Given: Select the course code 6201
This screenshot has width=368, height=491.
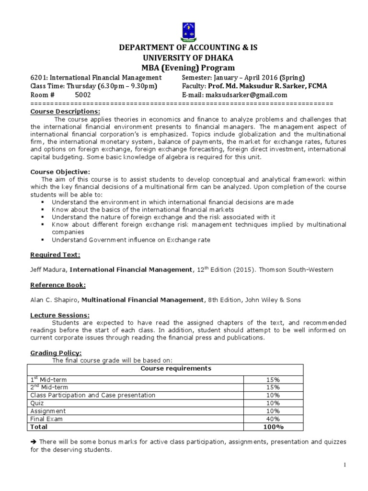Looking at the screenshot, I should coord(38,78).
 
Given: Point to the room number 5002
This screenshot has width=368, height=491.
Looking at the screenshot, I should coord(82,95).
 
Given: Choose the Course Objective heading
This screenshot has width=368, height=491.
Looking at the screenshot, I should coord(53,172).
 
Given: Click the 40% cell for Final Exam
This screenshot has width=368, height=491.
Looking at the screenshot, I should coord(273,419).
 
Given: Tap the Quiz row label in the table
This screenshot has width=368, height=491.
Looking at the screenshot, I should coord(37,403).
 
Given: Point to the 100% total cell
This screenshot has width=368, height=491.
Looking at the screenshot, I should coord(273,427).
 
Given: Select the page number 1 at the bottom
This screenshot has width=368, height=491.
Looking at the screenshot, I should coord(344,465).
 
